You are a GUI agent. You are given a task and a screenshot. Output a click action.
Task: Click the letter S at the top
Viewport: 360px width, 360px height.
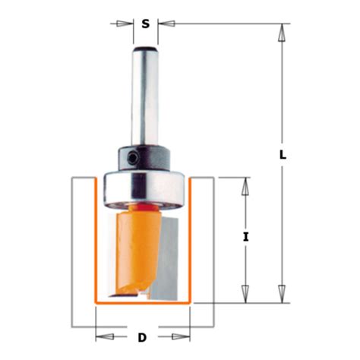[x=144, y=24]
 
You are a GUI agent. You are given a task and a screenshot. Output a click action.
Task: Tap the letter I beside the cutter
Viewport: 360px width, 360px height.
[x=246, y=237]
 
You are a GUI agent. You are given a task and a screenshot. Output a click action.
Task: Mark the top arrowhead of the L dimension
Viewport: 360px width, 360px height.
[x=282, y=33]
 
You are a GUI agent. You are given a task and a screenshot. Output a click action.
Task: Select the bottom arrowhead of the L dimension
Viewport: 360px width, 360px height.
[x=282, y=293]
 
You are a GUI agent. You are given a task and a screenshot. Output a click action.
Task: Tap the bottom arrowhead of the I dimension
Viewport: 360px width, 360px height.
[x=245, y=293]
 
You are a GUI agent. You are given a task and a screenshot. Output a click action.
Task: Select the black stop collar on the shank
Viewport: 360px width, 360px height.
[x=144, y=158]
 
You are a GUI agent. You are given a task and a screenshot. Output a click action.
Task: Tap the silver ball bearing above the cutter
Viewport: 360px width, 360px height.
[x=144, y=186]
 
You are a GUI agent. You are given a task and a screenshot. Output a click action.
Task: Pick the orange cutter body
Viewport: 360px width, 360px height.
[x=137, y=243]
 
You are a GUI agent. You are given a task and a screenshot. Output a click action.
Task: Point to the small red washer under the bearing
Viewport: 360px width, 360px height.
[x=144, y=205]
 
